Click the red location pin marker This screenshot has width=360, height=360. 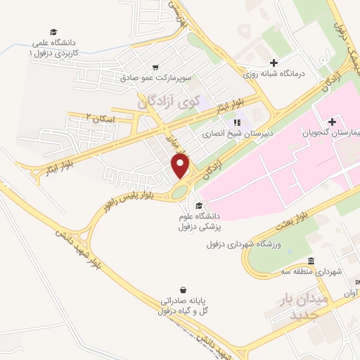[x=181, y=166]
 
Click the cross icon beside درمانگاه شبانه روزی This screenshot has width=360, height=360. [x=274, y=63]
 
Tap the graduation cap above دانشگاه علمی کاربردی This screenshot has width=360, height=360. [x=53, y=32]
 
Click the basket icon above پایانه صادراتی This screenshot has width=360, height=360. [x=184, y=290]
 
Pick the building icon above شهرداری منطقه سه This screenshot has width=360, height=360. [x=311, y=261]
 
